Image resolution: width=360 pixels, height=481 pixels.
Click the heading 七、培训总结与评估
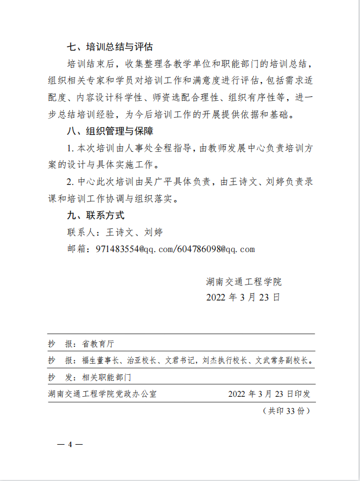click(109, 47)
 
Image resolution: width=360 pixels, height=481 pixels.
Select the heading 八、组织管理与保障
click(109, 132)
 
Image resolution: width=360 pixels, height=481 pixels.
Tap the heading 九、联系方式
click(95, 215)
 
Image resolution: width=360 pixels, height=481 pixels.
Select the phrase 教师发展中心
click(233, 149)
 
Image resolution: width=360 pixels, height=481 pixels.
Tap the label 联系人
click(79, 232)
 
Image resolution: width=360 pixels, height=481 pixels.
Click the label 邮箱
click(75, 249)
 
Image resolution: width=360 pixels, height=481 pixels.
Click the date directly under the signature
click(243, 298)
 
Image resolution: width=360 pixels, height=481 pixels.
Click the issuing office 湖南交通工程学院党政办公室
click(102, 394)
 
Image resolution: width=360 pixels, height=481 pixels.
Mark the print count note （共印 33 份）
click(286, 411)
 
